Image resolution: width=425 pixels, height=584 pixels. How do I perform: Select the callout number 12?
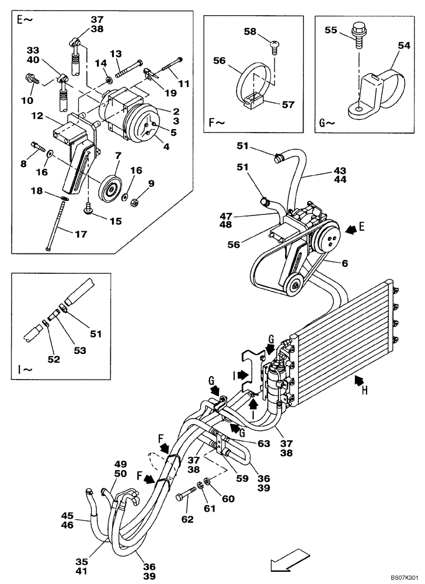[x=37, y=116]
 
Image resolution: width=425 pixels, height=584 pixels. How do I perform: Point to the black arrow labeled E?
[x=352, y=230]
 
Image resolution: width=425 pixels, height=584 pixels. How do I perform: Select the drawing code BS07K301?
[x=401, y=576]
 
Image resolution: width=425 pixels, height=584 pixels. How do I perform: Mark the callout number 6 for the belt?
[x=345, y=263]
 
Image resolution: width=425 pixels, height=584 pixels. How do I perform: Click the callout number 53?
[x=79, y=350]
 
